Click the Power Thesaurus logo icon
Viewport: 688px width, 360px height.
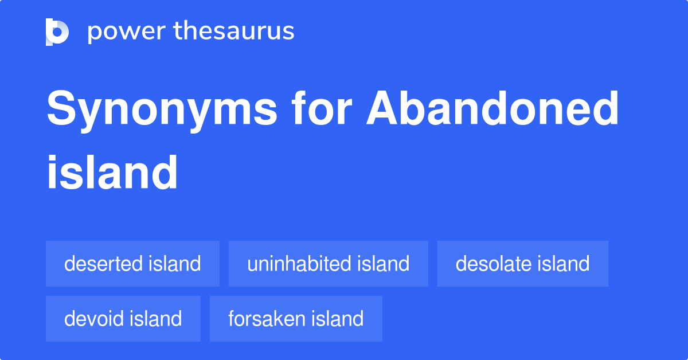pyautogui.click(x=57, y=32)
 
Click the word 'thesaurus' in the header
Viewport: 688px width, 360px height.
pyautogui.click(x=234, y=32)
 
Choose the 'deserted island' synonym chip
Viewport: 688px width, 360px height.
pyautogui.click(x=132, y=264)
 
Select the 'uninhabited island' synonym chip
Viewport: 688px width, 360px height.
pyautogui.click(x=328, y=264)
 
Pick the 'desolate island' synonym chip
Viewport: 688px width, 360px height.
pyautogui.click(x=522, y=264)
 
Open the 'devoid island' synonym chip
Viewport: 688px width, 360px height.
pyautogui.click(x=123, y=319)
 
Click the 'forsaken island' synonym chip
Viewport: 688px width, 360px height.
pyautogui.click(x=296, y=319)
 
